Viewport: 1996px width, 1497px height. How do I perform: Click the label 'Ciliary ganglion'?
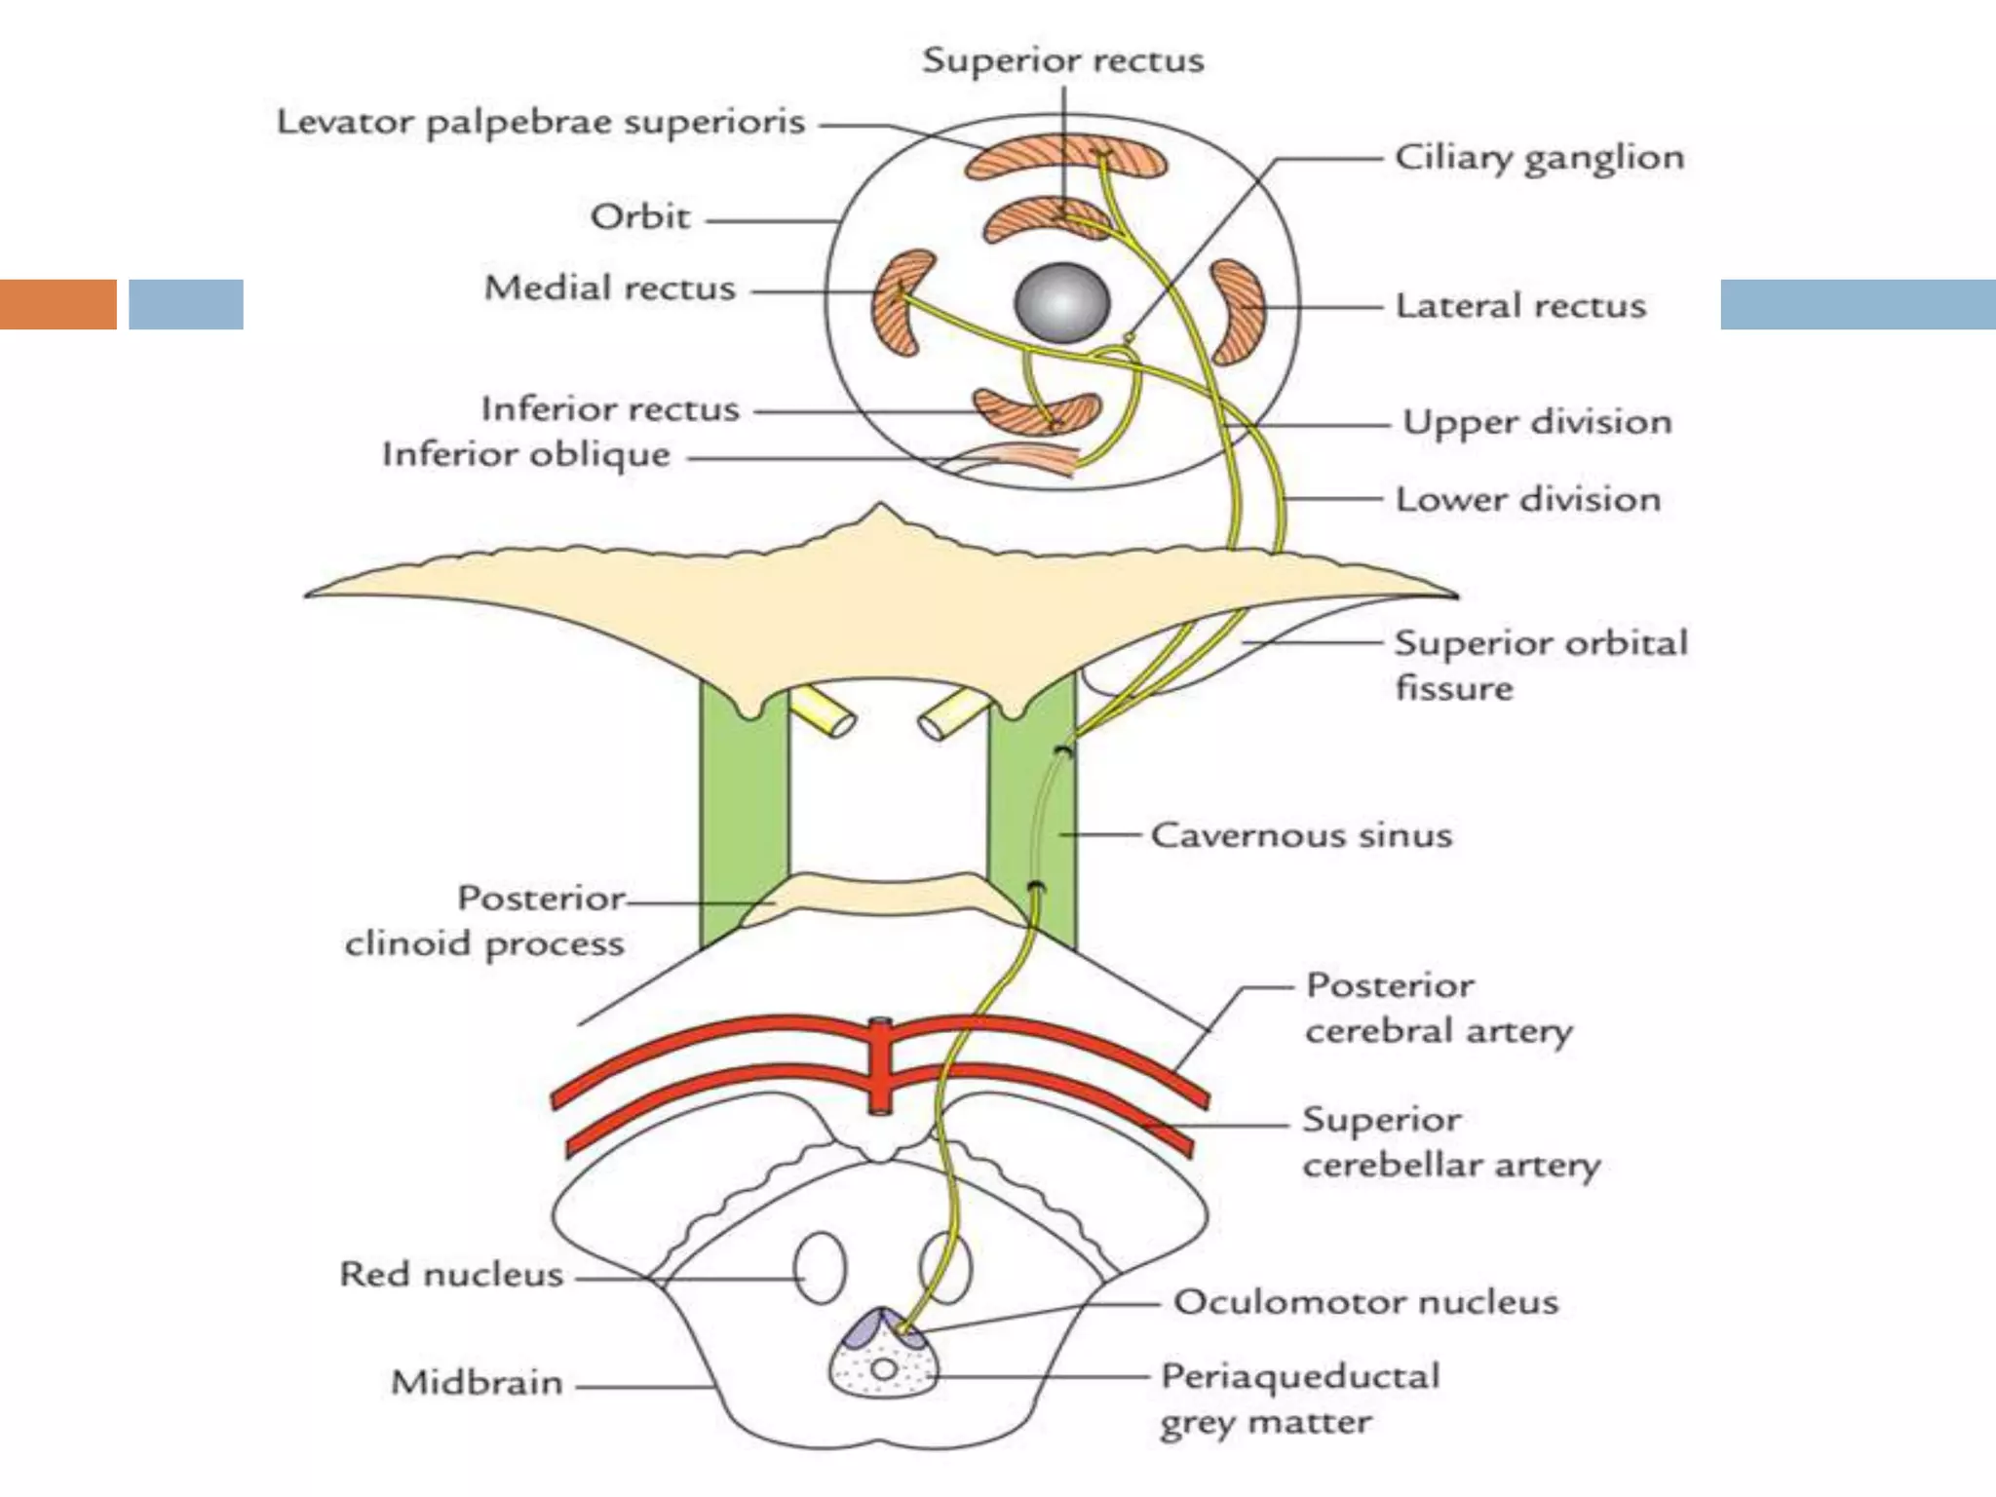1538,158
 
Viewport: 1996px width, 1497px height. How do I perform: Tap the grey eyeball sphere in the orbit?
1062,302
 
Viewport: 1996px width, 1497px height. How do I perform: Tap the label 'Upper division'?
1536,423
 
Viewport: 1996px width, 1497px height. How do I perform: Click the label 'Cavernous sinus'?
1300,835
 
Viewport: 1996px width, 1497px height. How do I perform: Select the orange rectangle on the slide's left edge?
58,304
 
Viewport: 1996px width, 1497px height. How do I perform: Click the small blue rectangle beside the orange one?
186,304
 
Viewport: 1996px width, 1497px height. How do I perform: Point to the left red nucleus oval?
821,1267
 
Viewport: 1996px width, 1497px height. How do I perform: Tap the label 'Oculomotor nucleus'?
1364,1302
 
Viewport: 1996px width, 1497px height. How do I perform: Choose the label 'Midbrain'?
477,1382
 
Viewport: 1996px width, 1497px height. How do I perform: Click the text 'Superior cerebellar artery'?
1450,1142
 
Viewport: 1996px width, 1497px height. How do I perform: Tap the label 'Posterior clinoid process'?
485,921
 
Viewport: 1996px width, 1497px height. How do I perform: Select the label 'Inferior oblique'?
526,454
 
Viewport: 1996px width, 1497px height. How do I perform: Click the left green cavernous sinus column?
743,819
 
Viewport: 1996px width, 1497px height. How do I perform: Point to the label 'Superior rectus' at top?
1062,60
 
